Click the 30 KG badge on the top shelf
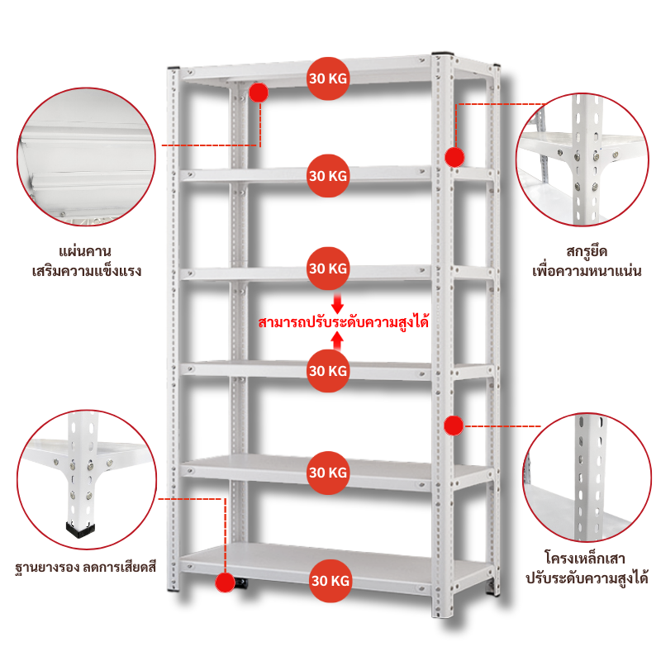click(x=328, y=78)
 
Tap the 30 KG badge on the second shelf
click(x=328, y=176)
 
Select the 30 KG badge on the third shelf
click(x=328, y=269)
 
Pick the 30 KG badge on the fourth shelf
click(x=328, y=371)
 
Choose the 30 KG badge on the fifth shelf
click(x=328, y=473)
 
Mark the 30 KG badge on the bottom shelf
click(x=330, y=581)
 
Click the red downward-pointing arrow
click(x=337, y=303)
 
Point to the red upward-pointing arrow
click(x=337, y=341)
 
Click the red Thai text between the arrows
click(x=344, y=322)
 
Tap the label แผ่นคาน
click(x=85, y=252)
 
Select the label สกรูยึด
click(x=587, y=252)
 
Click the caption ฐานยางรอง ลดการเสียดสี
click(x=86, y=568)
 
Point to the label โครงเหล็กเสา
click(x=584, y=559)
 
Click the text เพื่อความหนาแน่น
click(x=587, y=271)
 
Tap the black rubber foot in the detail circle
click(x=80, y=528)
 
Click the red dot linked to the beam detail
click(x=259, y=93)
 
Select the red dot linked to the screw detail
click(x=454, y=157)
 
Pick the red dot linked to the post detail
click(x=454, y=426)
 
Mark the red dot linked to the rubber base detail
click(x=225, y=583)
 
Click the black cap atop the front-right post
click(x=443, y=54)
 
